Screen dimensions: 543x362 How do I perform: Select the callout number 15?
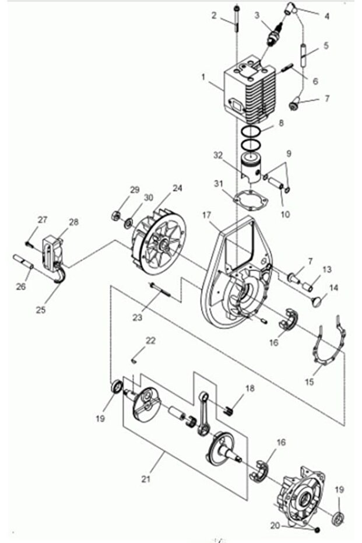point(310,382)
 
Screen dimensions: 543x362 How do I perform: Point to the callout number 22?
point(150,341)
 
